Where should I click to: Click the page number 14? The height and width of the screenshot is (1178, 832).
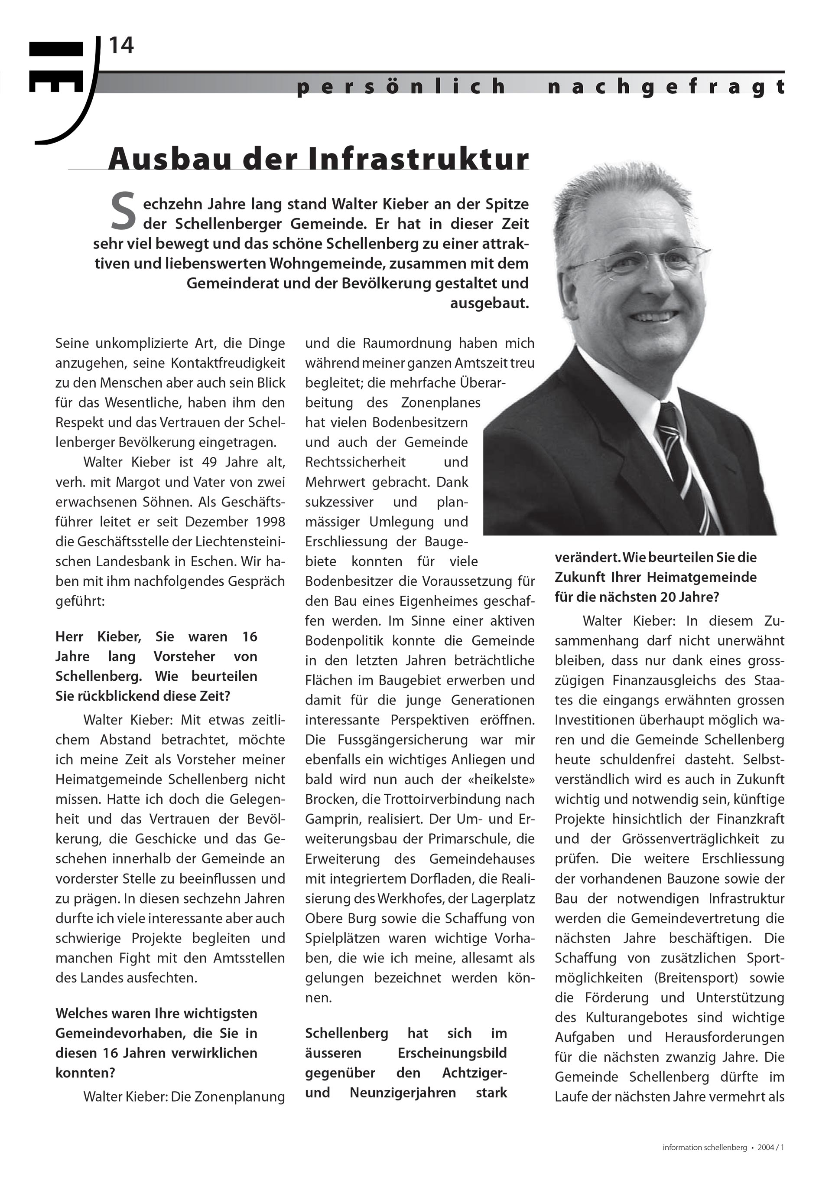121,46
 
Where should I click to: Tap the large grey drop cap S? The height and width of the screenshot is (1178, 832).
123,211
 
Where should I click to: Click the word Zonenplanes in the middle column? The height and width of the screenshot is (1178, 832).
441,403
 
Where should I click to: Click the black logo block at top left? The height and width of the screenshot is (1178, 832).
56,67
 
